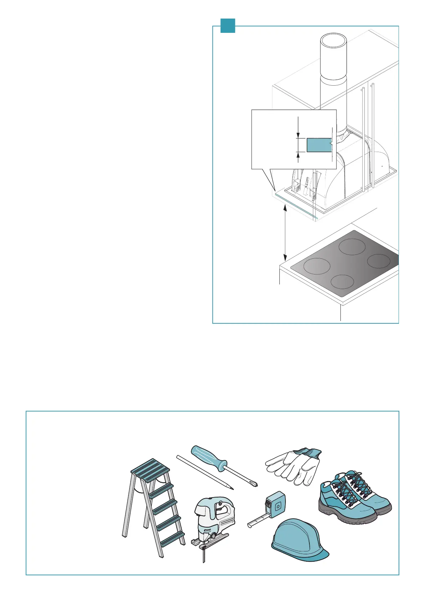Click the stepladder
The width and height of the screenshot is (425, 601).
click(x=153, y=507)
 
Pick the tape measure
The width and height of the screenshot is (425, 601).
click(x=273, y=507)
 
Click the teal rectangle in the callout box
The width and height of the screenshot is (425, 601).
click(x=319, y=145)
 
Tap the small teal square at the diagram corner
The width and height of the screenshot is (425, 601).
click(x=228, y=26)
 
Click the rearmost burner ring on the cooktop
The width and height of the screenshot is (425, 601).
click(x=351, y=247)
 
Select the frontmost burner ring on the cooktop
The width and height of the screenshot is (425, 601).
click(x=342, y=282)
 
